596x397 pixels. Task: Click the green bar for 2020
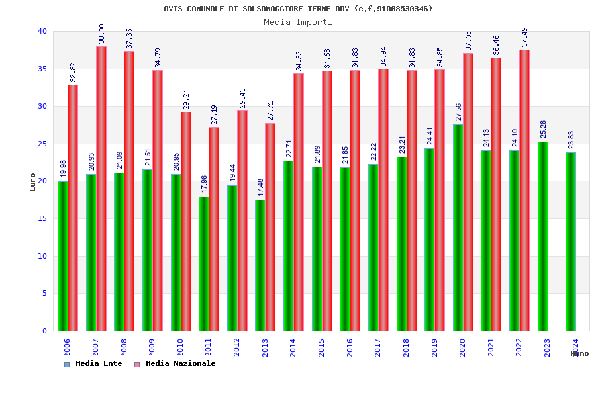click(458, 228)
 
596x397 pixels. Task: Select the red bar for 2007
click(101, 189)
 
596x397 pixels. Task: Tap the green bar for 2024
click(571, 242)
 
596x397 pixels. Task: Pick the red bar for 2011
click(214, 229)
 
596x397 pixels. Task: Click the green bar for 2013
click(260, 265)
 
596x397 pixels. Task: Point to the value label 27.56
click(458, 112)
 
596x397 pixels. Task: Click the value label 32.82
click(73, 72)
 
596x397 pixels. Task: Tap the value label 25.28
click(543, 129)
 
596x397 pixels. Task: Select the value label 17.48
click(260, 187)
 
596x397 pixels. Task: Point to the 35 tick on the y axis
click(42, 69)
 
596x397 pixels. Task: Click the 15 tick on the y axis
click(42, 218)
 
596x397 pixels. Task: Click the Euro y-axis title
click(33, 182)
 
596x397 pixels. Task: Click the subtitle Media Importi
click(298, 22)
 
